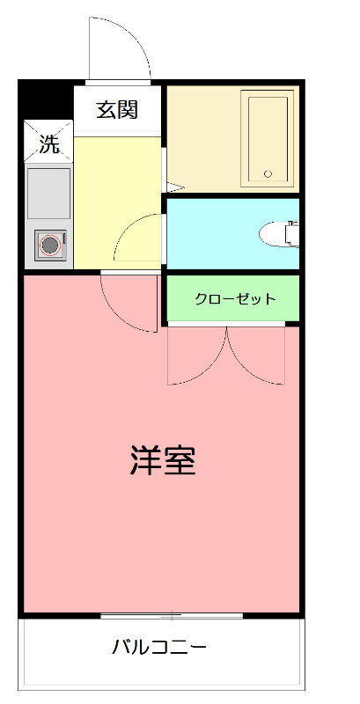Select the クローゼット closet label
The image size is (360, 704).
tap(234, 299)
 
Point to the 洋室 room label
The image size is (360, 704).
tap(163, 459)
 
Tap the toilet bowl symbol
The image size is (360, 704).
tap(280, 233)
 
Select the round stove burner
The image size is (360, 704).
tap(49, 244)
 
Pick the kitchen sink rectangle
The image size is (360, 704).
tap(48, 191)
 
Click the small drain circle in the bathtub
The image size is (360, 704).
tap(269, 173)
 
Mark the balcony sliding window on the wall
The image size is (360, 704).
tap(172, 616)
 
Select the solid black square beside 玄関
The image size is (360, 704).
tap(46, 99)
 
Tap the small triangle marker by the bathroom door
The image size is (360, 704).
tap(173, 187)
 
